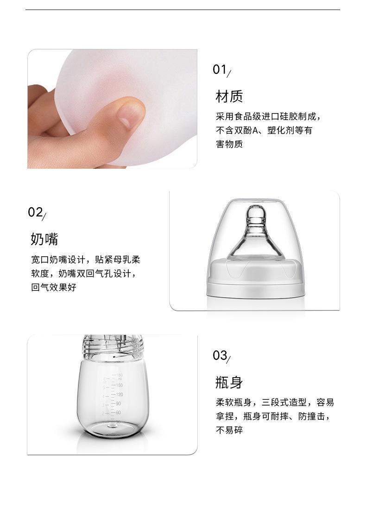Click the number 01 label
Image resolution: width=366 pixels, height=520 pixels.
coord(220,70)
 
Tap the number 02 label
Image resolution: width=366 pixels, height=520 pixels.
coord(35,213)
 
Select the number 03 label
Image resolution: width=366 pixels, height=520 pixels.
coord(220,355)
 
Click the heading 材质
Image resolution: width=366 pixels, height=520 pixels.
coord(229,97)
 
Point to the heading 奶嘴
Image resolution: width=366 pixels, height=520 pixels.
coord(44,240)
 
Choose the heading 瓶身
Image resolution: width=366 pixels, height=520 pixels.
coord(229,382)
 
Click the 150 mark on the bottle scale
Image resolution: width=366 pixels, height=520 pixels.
coord(119,385)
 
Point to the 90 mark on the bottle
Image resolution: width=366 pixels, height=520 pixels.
coord(118,403)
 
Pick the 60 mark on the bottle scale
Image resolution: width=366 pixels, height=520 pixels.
coord(118,412)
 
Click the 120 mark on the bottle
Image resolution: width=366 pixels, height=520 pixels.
coord(119,394)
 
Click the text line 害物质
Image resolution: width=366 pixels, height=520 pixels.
coord(229,144)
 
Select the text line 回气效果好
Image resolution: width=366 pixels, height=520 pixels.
coord(54,287)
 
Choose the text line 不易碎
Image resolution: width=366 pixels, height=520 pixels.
coord(229,430)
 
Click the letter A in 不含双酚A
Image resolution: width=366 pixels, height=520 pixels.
coord(255,130)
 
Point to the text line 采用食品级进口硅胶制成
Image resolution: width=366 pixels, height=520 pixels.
coord(268,116)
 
